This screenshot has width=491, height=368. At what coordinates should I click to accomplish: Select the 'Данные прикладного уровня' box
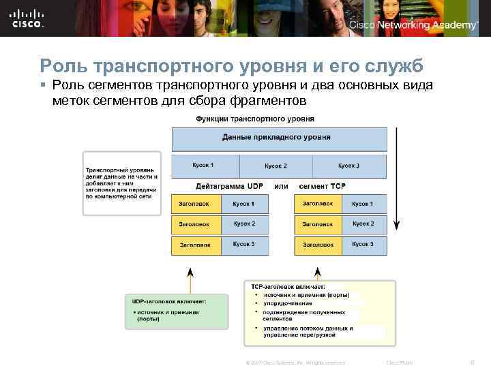tap(276, 137)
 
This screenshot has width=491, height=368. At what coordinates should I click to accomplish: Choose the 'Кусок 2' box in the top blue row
tap(276, 166)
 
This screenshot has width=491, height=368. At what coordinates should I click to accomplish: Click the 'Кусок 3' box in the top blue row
tap(349, 166)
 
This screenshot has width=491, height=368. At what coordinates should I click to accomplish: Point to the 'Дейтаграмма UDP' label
tap(229, 185)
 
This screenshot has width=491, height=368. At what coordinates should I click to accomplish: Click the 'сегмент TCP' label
tap(323, 185)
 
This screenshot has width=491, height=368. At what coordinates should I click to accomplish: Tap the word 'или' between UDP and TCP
tap(281, 185)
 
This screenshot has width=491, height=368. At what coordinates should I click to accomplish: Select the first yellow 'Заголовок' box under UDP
tap(196, 204)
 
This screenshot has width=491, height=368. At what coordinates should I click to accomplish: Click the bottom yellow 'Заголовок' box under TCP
tap(318, 244)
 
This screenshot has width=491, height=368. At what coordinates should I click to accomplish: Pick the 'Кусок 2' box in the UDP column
tap(244, 224)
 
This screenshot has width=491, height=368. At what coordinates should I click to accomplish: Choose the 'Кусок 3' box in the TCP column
tap(362, 244)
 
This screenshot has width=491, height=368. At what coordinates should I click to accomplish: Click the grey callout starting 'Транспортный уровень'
tap(121, 183)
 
